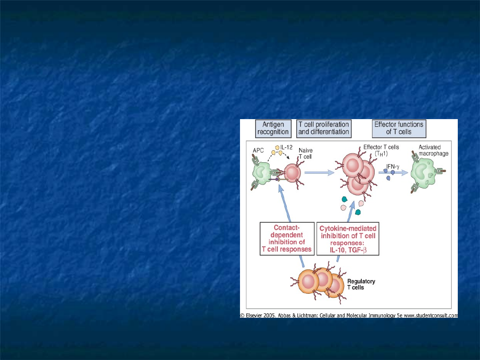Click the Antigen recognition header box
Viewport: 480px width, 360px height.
pyautogui.click(x=273, y=128)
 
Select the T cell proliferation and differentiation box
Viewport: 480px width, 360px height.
pyautogui.click(x=324, y=128)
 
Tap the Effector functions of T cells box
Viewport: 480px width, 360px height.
pyautogui.click(x=399, y=128)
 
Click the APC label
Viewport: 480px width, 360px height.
pyautogui.click(x=258, y=151)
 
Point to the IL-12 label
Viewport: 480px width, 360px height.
pyautogui.click(x=286, y=148)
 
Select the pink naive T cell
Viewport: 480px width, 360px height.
pyautogui.click(x=292, y=173)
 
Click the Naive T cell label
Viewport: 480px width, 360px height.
pyautogui.click(x=305, y=153)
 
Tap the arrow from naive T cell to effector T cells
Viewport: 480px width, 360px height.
pyautogui.click(x=319, y=172)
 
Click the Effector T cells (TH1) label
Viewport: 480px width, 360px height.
pyautogui.click(x=381, y=150)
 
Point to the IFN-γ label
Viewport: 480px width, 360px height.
pyautogui.click(x=393, y=167)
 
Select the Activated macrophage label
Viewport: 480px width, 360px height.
pyautogui.click(x=433, y=150)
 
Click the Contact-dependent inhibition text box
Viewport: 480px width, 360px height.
pyautogui.click(x=287, y=239)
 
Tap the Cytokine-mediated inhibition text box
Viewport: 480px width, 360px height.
pyautogui.click(x=348, y=239)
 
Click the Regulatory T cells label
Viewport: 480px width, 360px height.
pyautogui.click(x=361, y=284)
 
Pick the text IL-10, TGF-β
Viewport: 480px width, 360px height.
pyautogui.click(x=348, y=250)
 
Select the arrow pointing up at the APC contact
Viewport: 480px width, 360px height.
pyautogui.click(x=285, y=203)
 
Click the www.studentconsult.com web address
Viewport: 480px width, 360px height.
pyautogui.click(x=431, y=315)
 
